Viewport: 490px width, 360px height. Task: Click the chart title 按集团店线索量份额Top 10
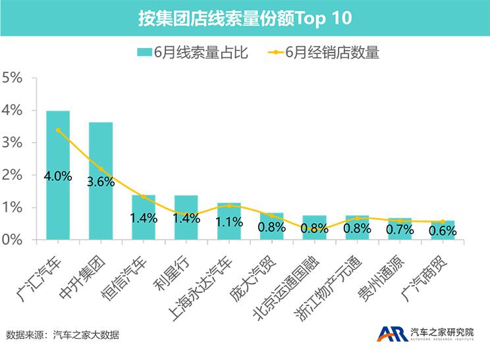point(245,18)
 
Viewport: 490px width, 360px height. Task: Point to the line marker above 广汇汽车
point(58,130)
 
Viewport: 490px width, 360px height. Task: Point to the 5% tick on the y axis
point(13,78)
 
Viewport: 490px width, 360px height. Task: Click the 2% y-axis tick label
point(13,176)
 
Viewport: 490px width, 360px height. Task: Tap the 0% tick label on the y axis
point(13,240)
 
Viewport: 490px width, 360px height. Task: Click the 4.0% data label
point(58,176)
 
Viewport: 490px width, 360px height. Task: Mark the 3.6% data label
point(101,182)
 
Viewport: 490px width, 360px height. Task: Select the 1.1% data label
point(229,222)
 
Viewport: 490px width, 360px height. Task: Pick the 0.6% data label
point(443,231)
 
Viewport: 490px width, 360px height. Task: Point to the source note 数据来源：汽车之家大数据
point(63,335)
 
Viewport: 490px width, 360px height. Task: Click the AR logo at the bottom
point(391,334)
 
